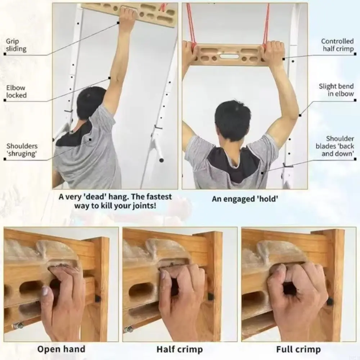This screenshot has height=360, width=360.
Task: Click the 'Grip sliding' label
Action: (16, 45)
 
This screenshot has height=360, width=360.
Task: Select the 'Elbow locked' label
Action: (16, 91)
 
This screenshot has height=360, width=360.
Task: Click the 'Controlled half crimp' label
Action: (338, 45)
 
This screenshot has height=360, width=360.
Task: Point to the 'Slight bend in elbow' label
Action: (336, 90)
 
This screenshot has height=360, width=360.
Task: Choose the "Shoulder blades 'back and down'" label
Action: (335, 146)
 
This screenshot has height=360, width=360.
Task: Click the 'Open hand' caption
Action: (61, 349)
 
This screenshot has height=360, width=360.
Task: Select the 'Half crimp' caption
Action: (180, 349)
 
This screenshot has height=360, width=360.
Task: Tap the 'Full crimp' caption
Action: (298, 349)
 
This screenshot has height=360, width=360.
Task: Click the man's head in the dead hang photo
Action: (91, 103)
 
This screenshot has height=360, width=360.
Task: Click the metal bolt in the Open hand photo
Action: (18, 326)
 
